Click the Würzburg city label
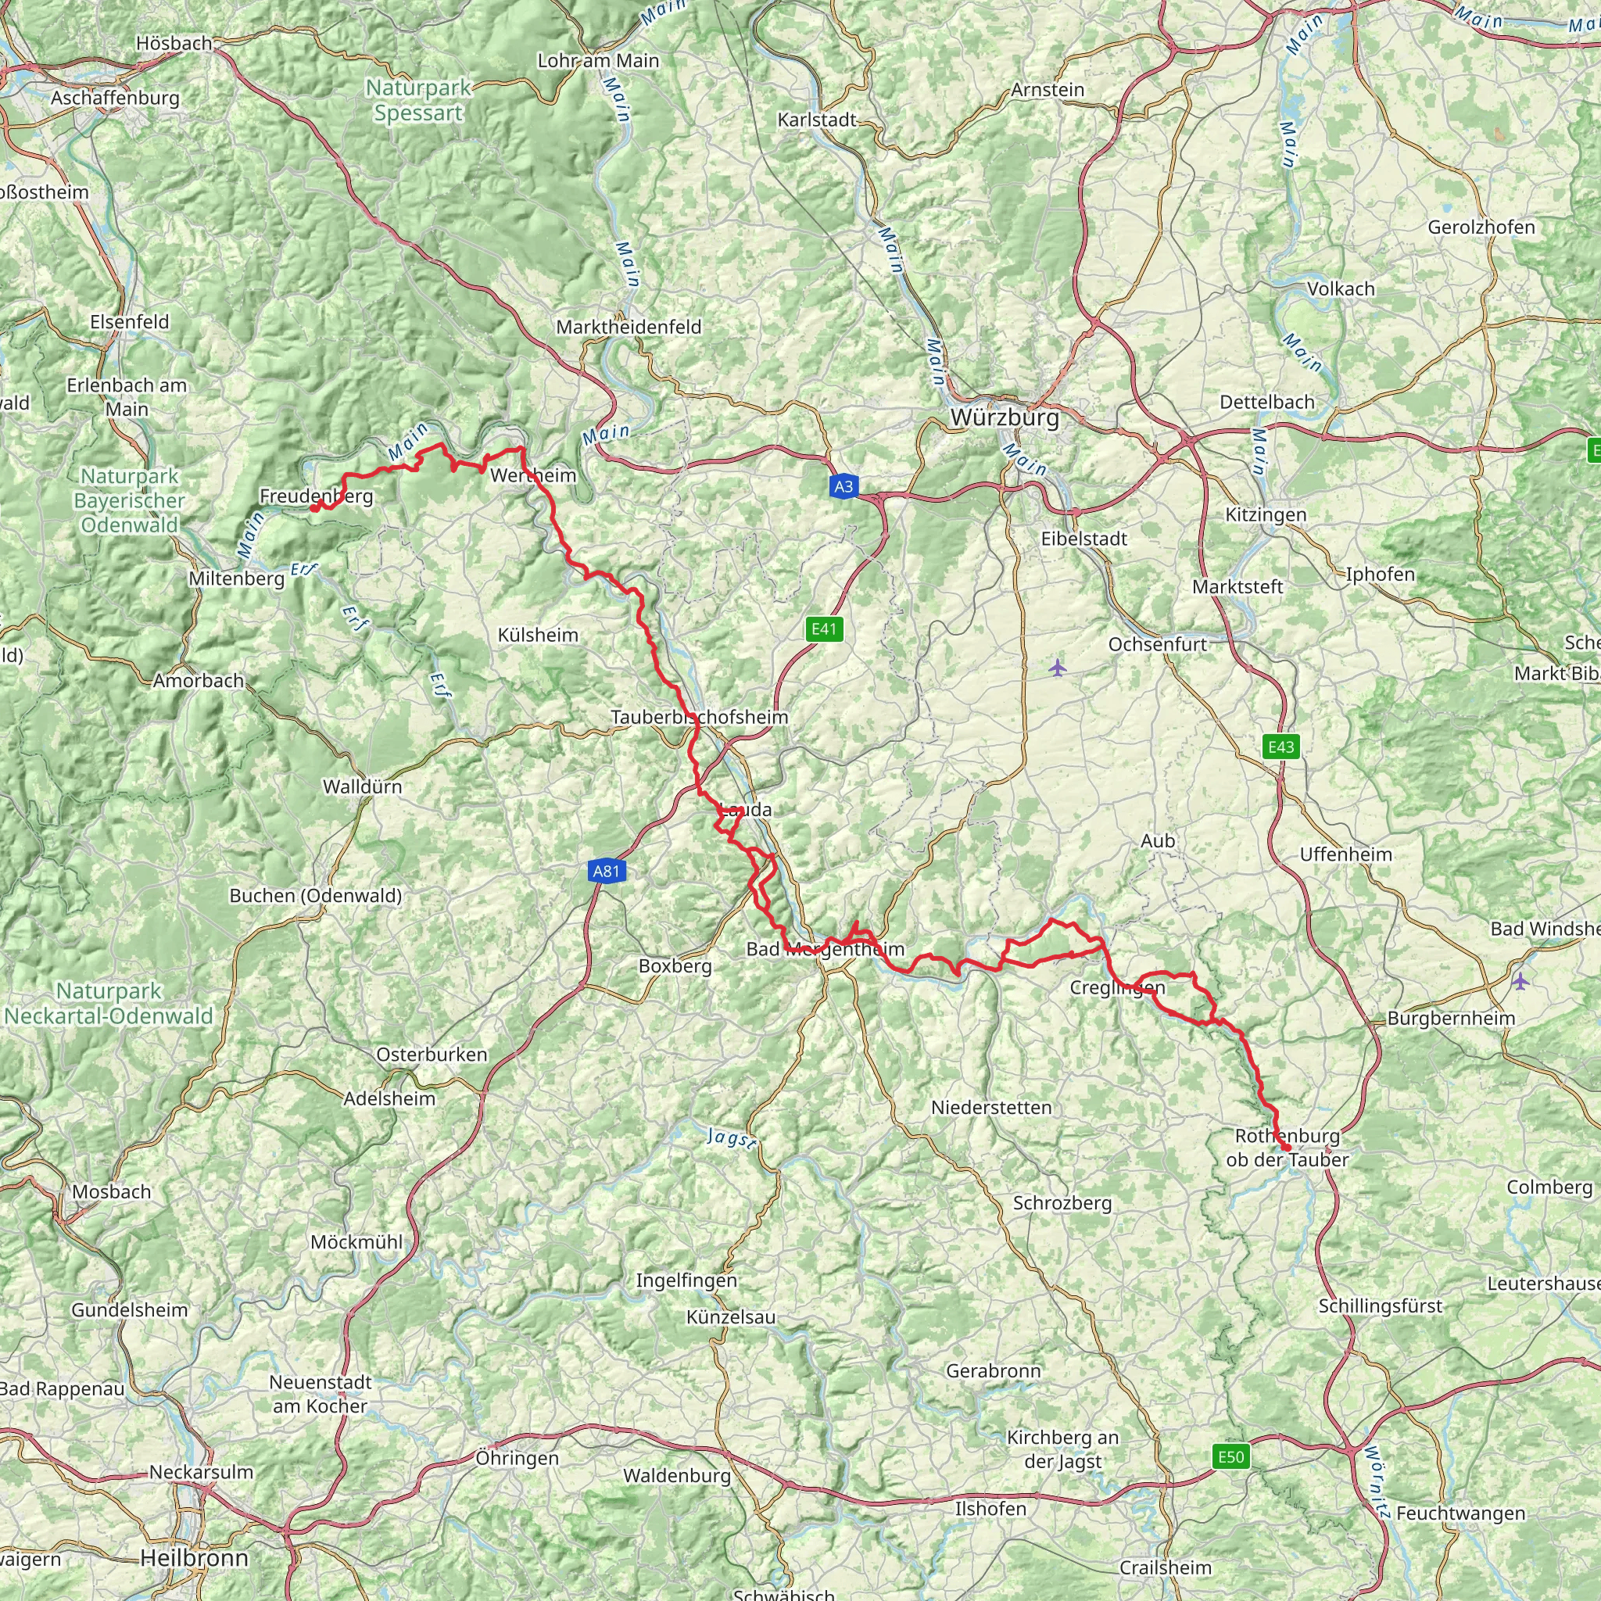(x=1005, y=417)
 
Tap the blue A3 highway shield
(x=843, y=486)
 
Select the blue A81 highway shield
(x=606, y=871)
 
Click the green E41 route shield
(x=824, y=629)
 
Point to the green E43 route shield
(x=1280, y=747)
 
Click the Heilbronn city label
(x=194, y=1558)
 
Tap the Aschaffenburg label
(x=115, y=98)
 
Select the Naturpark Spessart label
(x=418, y=100)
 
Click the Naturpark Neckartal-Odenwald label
(x=109, y=1004)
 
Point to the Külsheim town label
(x=538, y=635)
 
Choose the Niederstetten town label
(x=991, y=1107)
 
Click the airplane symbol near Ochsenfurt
(x=1058, y=667)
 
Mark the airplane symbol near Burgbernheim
(x=1519, y=981)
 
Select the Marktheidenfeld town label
(x=629, y=328)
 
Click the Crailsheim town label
(x=1165, y=1568)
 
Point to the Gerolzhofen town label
(x=1481, y=227)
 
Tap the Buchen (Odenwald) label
(x=315, y=896)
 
